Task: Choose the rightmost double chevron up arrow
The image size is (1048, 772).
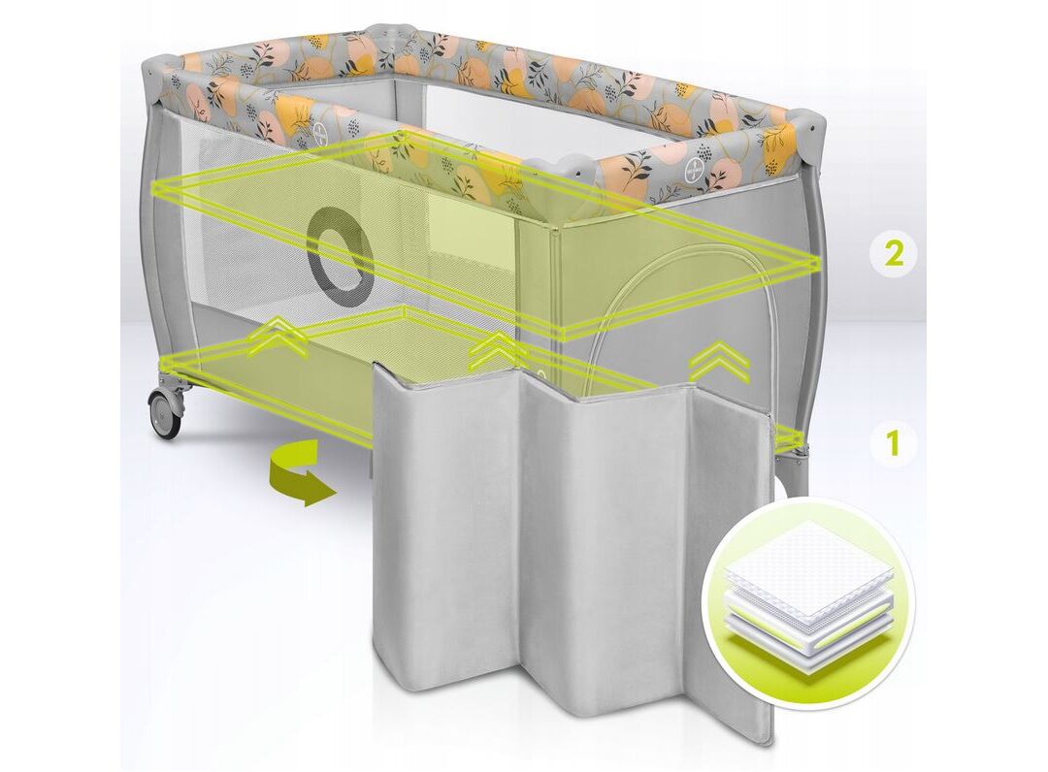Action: pyautogui.click(x=718, y=361)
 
